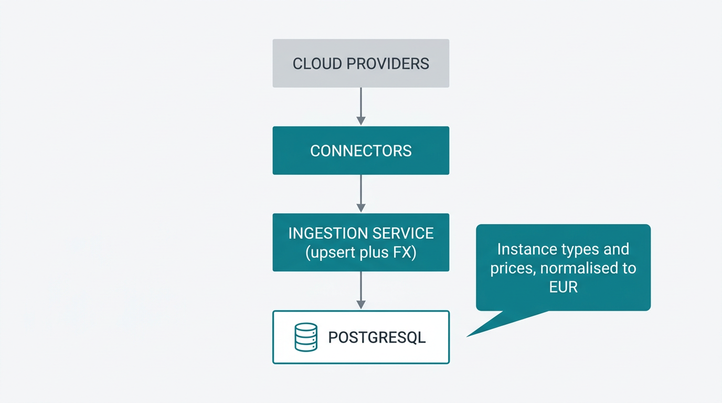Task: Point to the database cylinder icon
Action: point(305,337)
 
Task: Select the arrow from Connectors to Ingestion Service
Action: point(360,194)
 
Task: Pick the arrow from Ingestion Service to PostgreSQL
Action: point(360,290)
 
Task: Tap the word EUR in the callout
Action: point(563,287)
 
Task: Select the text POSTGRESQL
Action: point(377,337)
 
